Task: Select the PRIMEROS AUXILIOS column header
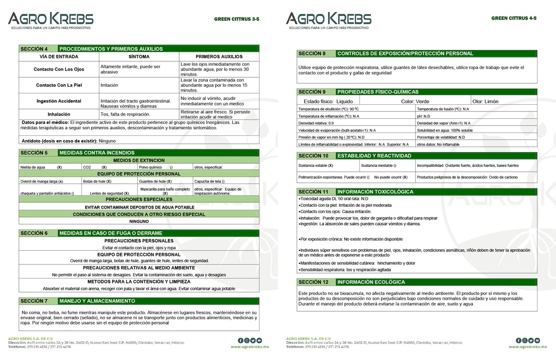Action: (219, 56)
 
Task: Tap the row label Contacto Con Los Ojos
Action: (59, 70)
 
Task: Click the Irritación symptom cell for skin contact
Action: (110, 85)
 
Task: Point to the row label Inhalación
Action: (59, 114)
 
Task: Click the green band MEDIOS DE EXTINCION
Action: (139, 160)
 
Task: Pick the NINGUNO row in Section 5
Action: (139, 222)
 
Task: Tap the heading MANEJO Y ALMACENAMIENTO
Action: (97, 301)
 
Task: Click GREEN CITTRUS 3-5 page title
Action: (236, 19)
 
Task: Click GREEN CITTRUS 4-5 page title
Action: (514, 18)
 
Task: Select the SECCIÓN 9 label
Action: (315, 92)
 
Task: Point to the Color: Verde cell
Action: (415, 102)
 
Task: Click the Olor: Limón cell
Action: (485, 102)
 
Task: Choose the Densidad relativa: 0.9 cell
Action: (320, 123)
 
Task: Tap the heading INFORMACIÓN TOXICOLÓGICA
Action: (375, 192)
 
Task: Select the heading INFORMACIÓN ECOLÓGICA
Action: (371, 282)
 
